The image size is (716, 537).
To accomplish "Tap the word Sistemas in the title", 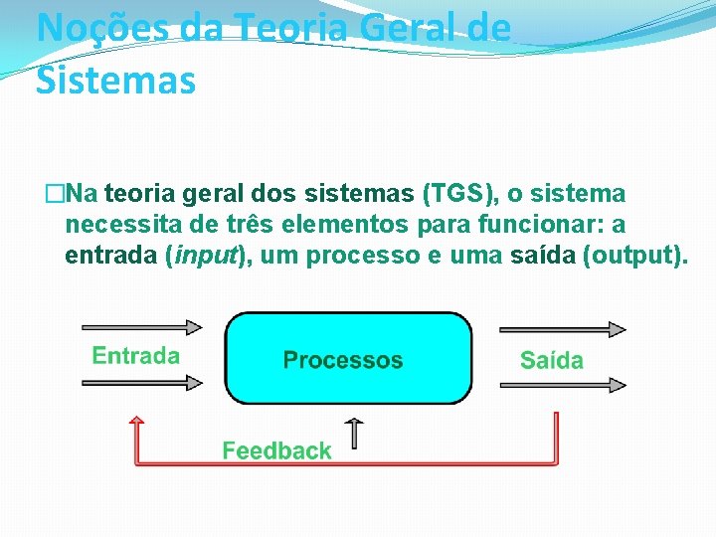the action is (115, 80).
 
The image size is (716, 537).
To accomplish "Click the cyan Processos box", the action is (348, 358).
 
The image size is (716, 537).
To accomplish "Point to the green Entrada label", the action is (136, 355).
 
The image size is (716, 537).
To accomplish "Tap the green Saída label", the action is (552, 359).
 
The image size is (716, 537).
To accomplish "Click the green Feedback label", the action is (276, 450).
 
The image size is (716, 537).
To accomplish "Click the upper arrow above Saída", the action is (563, 329).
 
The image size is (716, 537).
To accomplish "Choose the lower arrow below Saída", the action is (563, 383).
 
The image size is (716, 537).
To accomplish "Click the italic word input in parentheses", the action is (206, 255).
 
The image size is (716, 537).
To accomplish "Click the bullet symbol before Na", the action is (54, 192).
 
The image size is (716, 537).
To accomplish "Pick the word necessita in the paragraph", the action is (122, 224).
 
